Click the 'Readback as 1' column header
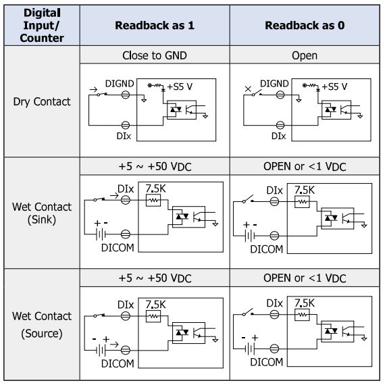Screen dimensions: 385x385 coord(155,25)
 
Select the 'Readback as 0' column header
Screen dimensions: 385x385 coord(305,25)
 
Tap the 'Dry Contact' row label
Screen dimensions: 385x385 coord(42,101)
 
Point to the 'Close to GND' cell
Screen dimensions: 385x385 coord(155,55)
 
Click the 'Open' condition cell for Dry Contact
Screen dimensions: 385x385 coord(305,56)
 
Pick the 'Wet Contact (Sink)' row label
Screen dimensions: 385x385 coord(42,213)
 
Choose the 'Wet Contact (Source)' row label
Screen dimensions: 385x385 coord(42,325)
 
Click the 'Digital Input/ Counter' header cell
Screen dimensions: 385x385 coord(42,25)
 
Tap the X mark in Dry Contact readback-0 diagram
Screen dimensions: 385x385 coord(248,89)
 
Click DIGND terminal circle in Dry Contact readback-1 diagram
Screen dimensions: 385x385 coord(126,95)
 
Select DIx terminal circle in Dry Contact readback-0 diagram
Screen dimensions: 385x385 coord(280,125)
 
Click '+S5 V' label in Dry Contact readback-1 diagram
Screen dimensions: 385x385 coord(180,86)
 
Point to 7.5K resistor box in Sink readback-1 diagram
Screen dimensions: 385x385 coord(153,201)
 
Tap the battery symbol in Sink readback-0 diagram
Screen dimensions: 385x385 coord(249,236)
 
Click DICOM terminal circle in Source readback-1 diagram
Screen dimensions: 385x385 coord(126,350)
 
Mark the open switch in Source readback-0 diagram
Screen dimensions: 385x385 coord(248,312)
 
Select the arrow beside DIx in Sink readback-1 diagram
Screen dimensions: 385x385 coord(114,196)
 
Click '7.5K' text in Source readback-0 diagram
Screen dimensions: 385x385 coord(305,303)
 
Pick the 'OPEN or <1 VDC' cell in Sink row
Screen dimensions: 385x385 coord(305,166)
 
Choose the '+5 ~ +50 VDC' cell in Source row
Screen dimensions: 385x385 coord(155,278)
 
